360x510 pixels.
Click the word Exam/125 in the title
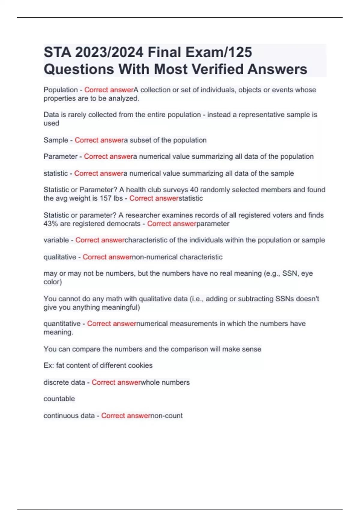[219, 52]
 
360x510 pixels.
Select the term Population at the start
[61, 90]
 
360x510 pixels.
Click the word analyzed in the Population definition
[123, 98]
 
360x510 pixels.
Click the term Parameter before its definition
[60, 156]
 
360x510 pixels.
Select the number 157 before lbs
[105, 198]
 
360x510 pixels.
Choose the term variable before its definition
[56, 240]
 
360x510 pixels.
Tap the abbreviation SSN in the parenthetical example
[290, 273]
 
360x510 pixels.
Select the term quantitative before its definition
[62, 324]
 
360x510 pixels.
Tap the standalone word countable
[59, 399]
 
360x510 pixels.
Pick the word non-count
[166, 416]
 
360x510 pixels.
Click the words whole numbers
[165, 382]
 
